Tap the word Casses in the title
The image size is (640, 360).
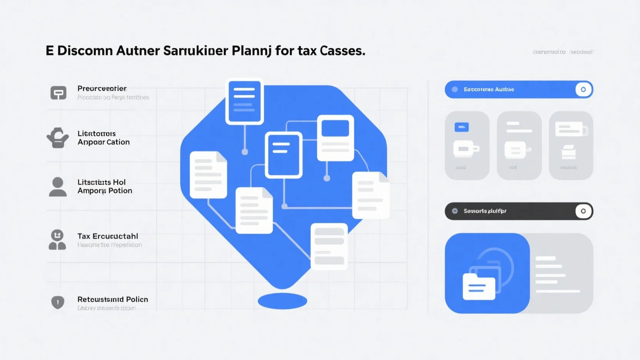click(342, 51)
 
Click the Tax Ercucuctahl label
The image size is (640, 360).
click(108, 236)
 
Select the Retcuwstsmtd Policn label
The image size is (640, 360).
click(113, 299)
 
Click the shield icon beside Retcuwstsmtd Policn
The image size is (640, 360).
click(58, 302)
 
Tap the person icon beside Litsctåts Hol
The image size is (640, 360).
click(58, 187)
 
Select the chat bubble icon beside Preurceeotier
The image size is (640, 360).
click(58, 93)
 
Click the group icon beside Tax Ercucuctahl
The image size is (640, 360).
click(57, 240)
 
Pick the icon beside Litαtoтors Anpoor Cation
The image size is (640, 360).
click(58, 138)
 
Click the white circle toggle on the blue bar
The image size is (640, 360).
click(583, 90)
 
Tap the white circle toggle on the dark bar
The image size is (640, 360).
click(583, 211)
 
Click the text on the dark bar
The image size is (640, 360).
click(485, 211)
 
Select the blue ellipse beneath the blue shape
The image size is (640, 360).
click(282, 301)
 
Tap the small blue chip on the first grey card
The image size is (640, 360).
click(462, 127)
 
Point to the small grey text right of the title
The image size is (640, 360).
click(563, 52)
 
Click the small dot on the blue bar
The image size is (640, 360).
click(455, 90)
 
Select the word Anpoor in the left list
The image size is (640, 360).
click(91, 142)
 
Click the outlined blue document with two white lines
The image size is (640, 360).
click(283, 155)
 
